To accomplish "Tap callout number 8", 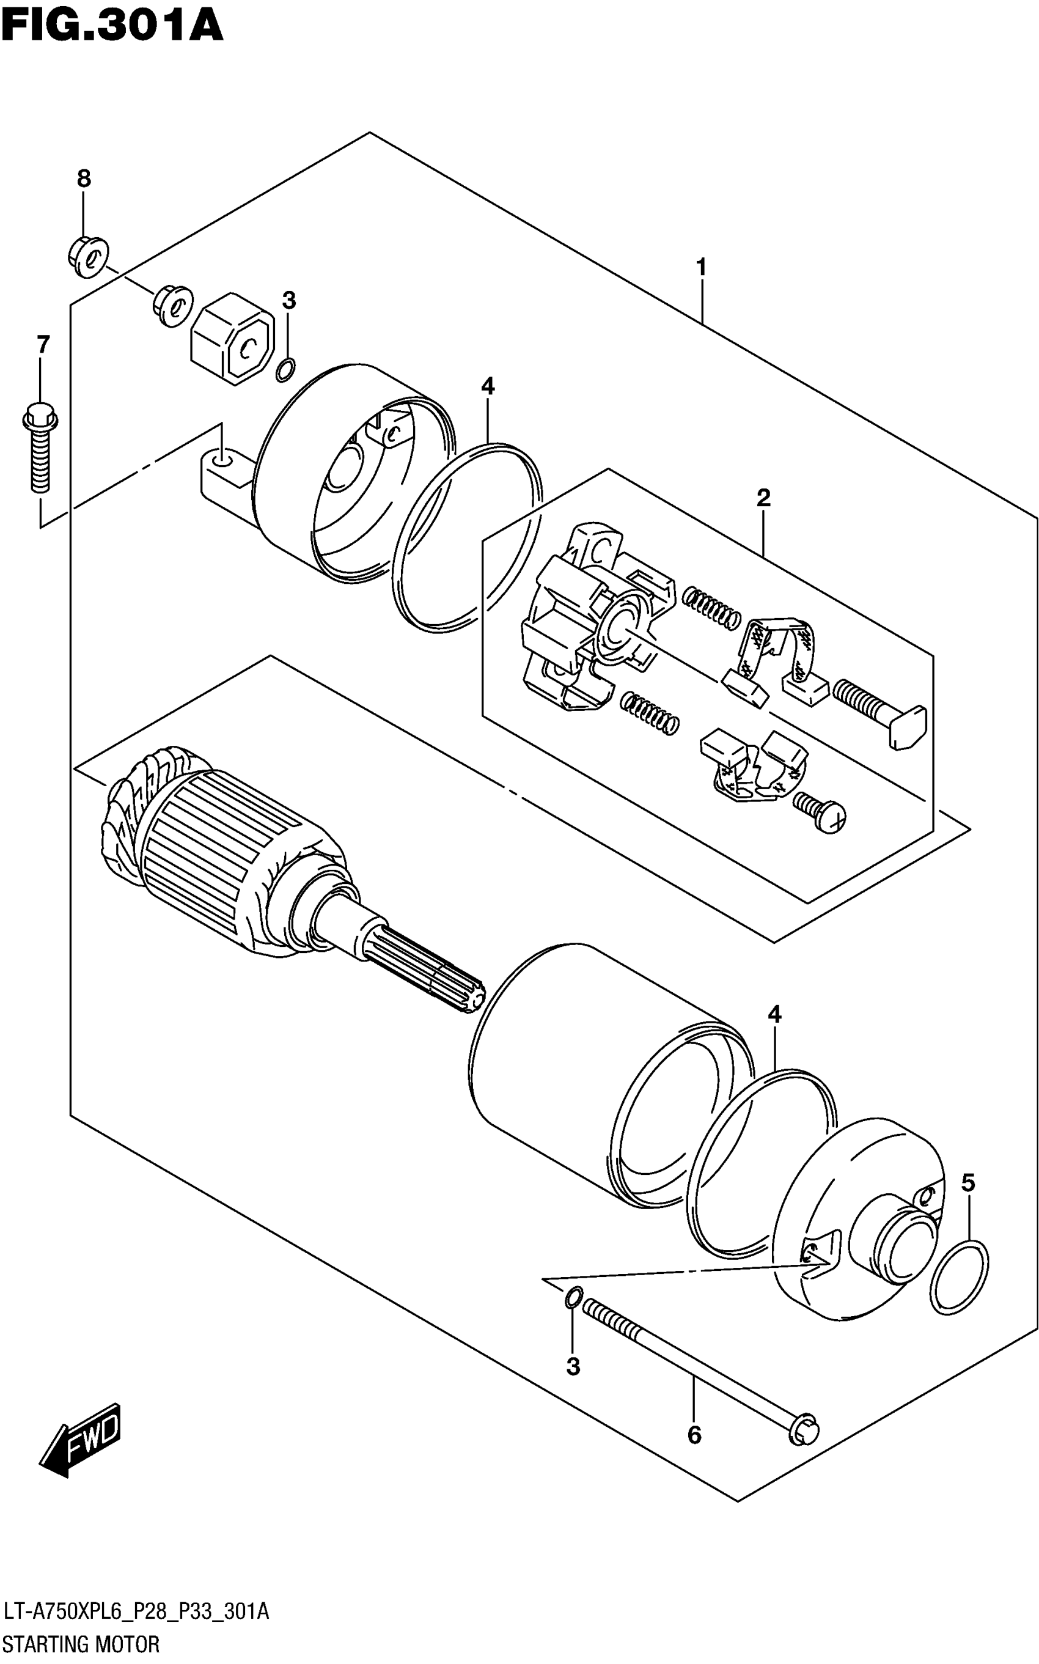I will [x=83, y=179].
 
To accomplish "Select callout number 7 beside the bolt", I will [x=43, y=344].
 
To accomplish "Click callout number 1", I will [x=701, y=267].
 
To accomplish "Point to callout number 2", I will [x=763, y=498].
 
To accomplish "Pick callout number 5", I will [x=967, y=1183].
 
